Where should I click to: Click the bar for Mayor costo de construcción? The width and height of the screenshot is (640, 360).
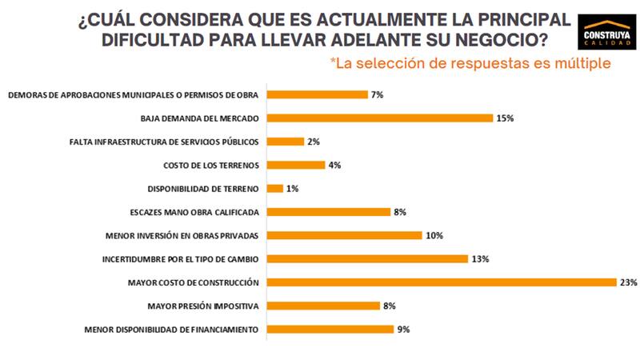(x=440, y=282)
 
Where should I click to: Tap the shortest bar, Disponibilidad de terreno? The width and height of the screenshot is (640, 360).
(x=274, y=189)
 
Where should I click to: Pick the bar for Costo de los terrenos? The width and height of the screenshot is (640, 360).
(x=295, y=166)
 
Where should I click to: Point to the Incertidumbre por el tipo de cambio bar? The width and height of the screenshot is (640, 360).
(x=366, y=258)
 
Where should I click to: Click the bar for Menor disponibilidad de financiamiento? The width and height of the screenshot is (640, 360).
(x=329, y=329)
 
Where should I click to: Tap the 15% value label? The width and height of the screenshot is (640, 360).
(x=505, y=118)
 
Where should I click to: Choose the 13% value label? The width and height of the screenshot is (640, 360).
(x=480, y=258)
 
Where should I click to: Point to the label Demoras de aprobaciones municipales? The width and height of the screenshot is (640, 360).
(x=133, y=95)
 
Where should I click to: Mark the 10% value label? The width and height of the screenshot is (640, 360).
(x=434, y=235)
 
